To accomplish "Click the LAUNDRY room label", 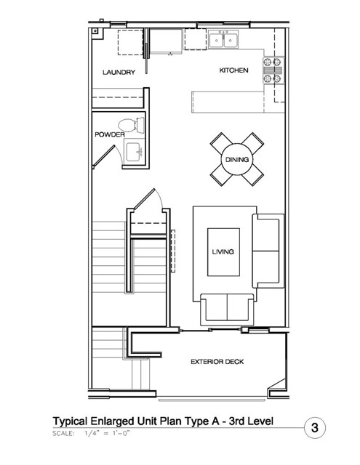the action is coord(119,72).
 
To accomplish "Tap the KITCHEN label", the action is coord(233,70).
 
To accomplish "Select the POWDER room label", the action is coord(110,134).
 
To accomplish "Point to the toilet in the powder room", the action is coord(131,125).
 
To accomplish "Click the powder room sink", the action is coord(133,152).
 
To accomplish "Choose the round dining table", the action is coord(237,160).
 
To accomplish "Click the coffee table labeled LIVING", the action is coord(223,252).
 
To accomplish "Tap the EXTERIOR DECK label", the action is coord(217,362).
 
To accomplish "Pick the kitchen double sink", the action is coord(223,40).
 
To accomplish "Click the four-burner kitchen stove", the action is coord(273,70).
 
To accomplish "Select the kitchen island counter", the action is coord(228,102).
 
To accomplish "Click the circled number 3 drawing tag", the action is coord(315,428).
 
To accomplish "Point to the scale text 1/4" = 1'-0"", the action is coord(107,433).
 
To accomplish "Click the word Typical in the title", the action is coord(70,421).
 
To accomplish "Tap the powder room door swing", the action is coord(108,155).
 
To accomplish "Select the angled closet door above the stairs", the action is coord(144,198).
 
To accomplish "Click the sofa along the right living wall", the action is coord(268,251).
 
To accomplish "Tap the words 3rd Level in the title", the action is coord(251,421).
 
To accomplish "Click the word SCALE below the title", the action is coord(63,433).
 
